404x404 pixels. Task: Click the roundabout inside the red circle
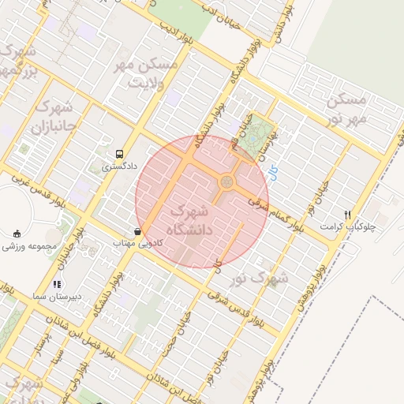point(226,183)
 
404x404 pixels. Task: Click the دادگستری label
point(120,166)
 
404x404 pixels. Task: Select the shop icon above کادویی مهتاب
point(139,232)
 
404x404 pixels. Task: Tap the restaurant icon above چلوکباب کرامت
point(348,214)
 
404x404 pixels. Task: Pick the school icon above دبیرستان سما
point(56,283)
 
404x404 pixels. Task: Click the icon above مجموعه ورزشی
point(17,234)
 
